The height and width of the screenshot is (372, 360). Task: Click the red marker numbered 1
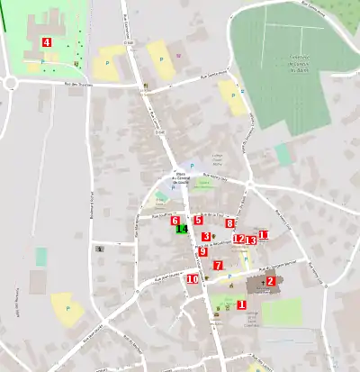tap(241, 304)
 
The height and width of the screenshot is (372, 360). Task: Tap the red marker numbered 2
tap(269, 281)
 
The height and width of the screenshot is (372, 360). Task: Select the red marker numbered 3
tap(206, 237)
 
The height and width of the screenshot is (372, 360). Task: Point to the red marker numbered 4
tap(46, 42)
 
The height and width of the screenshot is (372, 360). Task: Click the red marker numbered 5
tap(197, 220)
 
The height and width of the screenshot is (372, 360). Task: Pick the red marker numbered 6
tap(175, 220)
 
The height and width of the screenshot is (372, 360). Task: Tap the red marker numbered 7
tap(218, 265)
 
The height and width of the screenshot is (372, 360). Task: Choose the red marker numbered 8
tap(229, 223)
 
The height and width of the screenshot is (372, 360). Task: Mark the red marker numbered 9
tap(202, 251)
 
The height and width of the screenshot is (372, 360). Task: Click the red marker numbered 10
tap(193, 278)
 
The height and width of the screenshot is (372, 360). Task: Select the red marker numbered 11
tap(264, 236)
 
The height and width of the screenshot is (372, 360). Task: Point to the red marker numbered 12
tap(238, 239)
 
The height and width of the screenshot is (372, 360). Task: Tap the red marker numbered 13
tap(251, 240)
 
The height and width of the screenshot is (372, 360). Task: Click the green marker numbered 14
tap(182, 230)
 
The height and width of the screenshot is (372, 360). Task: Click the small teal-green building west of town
tap(41, 256)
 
